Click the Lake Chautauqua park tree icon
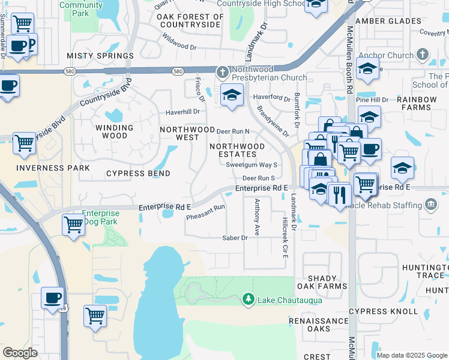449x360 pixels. coord(247,299)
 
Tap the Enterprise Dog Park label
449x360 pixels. coord(101,217)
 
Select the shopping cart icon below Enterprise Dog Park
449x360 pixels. coord(73,225)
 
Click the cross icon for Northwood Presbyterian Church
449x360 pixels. coord(222,73)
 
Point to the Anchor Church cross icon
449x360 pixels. coord(423,56)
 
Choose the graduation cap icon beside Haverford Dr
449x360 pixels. coord(232,95)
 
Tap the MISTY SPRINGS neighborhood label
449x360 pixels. coord(100,56)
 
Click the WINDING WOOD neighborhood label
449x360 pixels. coord(114,131)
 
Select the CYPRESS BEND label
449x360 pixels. coord(138,173)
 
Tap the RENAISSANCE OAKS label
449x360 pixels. coord(318,325)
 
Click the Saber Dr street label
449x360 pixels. coord(236,238)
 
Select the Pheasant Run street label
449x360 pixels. coord(205,212)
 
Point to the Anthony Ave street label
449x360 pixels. coord(257,217)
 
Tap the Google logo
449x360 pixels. coord(20,353)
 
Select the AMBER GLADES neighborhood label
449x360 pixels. coord(388,20)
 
